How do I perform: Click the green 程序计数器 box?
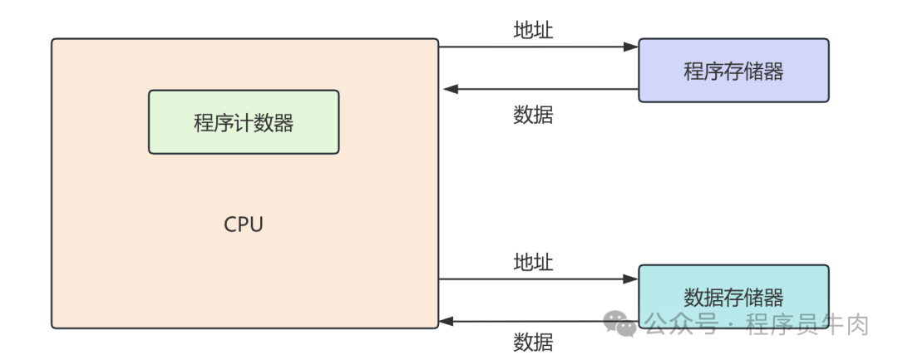tap(244, 122)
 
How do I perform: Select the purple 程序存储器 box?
tap(733, 71)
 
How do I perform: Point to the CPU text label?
tap(244, 224)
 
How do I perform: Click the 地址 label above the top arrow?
tap(533, 31)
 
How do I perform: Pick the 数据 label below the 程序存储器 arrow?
tap(533, 115)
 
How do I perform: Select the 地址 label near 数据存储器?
tap(533, 263)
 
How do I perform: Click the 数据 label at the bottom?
tap(533, 342)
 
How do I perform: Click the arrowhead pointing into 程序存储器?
tap(633, 47)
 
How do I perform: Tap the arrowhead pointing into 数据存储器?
tap(633, 279)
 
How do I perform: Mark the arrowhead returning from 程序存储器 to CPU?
tap(448, 89)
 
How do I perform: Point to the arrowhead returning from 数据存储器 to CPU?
tap(448, 321)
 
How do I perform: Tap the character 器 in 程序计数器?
tap(284, 123)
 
